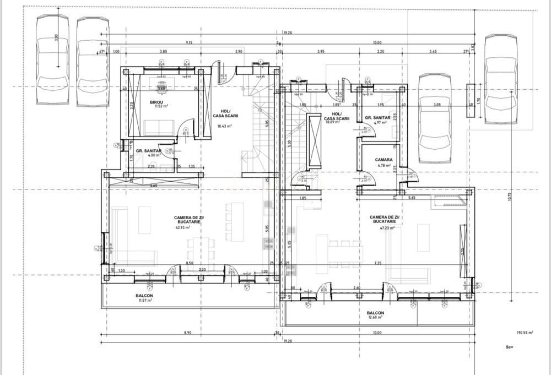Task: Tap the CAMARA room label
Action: click(385, 160)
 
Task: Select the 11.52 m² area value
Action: click(161, 107)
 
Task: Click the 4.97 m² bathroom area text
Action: click(378, 123)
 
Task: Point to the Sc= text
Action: click(509, 347)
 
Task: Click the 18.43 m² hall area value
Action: click(225, 126)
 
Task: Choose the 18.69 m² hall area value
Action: click(332, 123)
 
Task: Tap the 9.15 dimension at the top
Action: click(189, 42)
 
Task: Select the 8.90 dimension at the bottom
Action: click(187, 333)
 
